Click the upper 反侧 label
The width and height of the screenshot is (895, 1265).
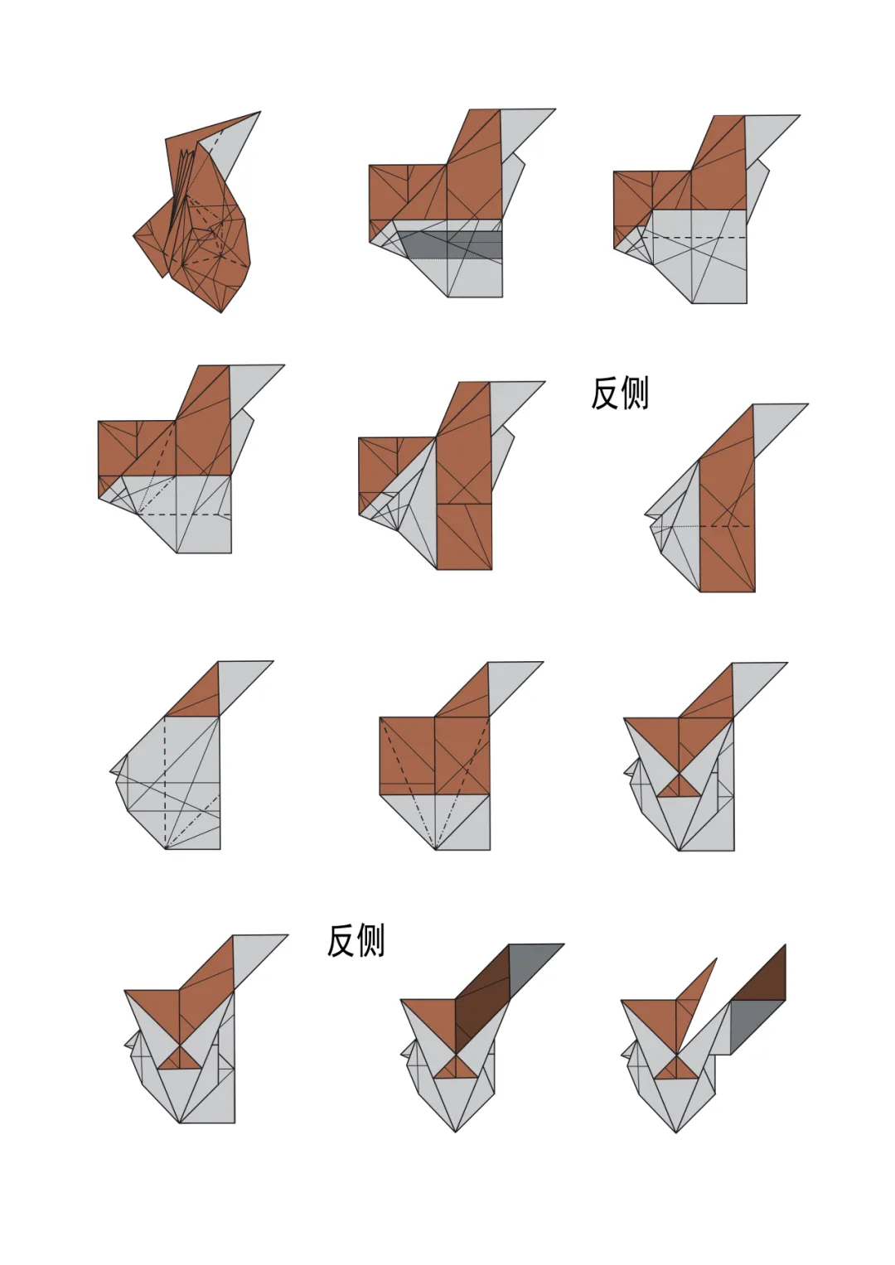pyautogui.click(x=619, y=393)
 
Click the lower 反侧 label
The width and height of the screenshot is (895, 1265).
pyautogui.click(x=356, y=940)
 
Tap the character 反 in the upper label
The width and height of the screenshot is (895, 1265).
pyautogui.click(x=605, y=393)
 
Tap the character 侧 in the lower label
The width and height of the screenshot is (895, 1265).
pyautogui.click(x=370, y=940)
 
